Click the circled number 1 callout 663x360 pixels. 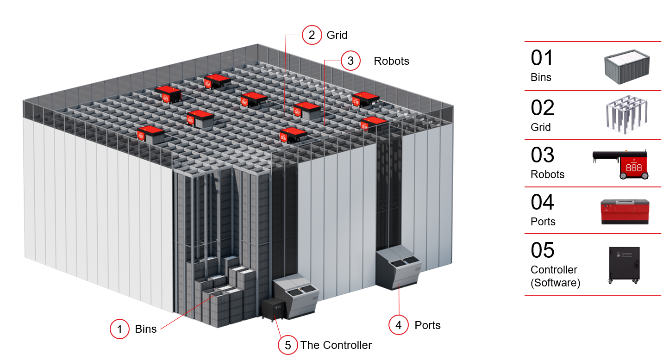coord(120,329)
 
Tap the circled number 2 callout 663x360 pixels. coord(312,35)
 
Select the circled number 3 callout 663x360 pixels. coord(350,61)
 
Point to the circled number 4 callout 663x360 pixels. coord(399,325)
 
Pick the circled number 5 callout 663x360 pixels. coord(288,345)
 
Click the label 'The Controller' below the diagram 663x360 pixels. coord(336,345)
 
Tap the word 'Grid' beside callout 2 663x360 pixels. coord(337,35)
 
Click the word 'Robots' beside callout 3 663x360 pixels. coord(391,61)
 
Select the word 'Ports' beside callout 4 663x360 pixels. coord(427,325)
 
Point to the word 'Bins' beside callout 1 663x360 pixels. coord(145,329)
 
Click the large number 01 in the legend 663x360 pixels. coord(542,58)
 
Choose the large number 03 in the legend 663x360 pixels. coord(542,155)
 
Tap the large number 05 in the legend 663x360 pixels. coord(542,250)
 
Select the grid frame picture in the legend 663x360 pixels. coord(626,115)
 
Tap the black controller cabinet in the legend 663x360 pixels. coord(624,265)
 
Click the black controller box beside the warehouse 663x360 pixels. coord(274,309)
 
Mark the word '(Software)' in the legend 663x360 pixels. coord(555,282)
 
